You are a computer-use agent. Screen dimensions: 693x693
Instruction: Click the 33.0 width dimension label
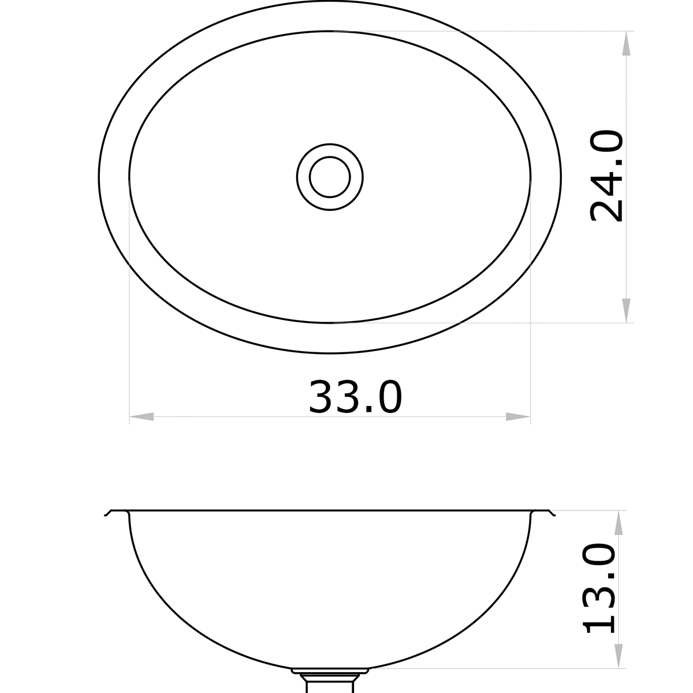pyautogui.click(x=355, y=397)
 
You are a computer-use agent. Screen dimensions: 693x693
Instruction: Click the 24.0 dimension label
pyautogui.click(x=606, y=176)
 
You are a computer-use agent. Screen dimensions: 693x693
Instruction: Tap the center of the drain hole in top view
pyautogui.click(x=330, y=177)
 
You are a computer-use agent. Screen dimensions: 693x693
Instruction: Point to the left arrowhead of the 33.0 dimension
pyautogui.click(x=142, y=416)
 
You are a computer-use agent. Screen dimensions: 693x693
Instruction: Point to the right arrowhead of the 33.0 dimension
pyautogui.click(x=517, y=416)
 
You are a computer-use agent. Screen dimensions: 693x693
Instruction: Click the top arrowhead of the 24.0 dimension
pyautogui.click(x=625, y=44)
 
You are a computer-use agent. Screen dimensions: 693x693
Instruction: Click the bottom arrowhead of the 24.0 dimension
pyautogui.click(x=625, y=310)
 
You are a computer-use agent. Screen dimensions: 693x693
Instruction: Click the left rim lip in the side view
pyautogui.click(x=115, y=512)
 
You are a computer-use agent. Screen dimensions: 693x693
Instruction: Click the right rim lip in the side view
pyautogui.click(x=543, y=512)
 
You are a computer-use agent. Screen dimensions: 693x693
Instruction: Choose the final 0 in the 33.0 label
pyautogui.click(x=386, y=397)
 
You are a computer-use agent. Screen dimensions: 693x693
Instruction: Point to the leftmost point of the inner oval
pyautogui.click(x=129, y=177)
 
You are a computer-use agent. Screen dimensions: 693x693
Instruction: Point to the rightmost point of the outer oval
pyautogui.click(x=561, y=177)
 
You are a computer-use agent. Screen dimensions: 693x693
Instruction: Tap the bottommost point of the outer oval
pyautogui.click(x=330, y=353)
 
